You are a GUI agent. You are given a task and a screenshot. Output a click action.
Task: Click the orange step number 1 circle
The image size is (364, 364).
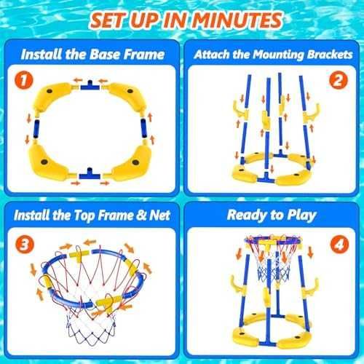click(24, 80)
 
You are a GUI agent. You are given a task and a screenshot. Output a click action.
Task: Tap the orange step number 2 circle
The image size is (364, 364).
click(339, 80)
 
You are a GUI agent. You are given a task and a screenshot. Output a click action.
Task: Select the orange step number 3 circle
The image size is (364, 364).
click(25, 245)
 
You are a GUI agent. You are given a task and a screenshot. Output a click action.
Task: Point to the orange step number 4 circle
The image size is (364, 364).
click(339, 245)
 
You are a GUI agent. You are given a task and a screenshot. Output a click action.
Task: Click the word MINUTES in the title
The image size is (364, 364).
click(237, 20)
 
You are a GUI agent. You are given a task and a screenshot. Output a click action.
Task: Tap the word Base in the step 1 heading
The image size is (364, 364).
click(106, 55)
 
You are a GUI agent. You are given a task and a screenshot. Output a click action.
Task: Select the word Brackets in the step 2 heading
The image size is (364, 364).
click(329, 55)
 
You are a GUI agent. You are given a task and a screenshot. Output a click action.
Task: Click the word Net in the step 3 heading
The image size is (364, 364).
click(159, 215)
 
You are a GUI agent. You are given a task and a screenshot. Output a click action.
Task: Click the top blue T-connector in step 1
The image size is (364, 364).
click(90, 86)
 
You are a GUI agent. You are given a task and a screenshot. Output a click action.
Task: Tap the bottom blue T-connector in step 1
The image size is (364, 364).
click(90, 174)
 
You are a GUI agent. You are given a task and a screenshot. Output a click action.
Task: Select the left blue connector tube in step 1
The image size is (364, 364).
click(36, 129)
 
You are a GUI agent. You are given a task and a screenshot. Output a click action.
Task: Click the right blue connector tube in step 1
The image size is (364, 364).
click(144, 128)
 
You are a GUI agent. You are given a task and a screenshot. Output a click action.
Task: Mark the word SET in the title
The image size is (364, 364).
click(109, 20)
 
